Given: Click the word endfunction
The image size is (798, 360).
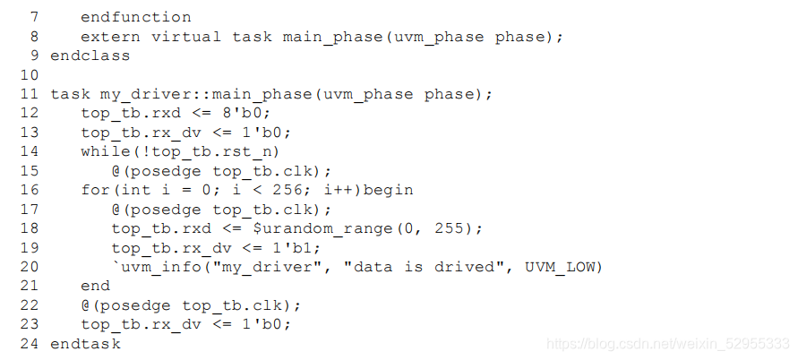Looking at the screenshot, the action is pyautogui.click(x=135, y=17).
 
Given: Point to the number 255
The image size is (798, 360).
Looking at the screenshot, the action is pyautogui.click(x=449, y=228).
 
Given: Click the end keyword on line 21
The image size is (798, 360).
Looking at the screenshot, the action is pyautogui.click(x=95, y=286).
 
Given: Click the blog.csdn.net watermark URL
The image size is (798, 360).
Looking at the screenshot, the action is pyautogui.click(x=667, y=344).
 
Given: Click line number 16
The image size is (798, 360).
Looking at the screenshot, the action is pyautogui.click(x=30, y=190).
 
